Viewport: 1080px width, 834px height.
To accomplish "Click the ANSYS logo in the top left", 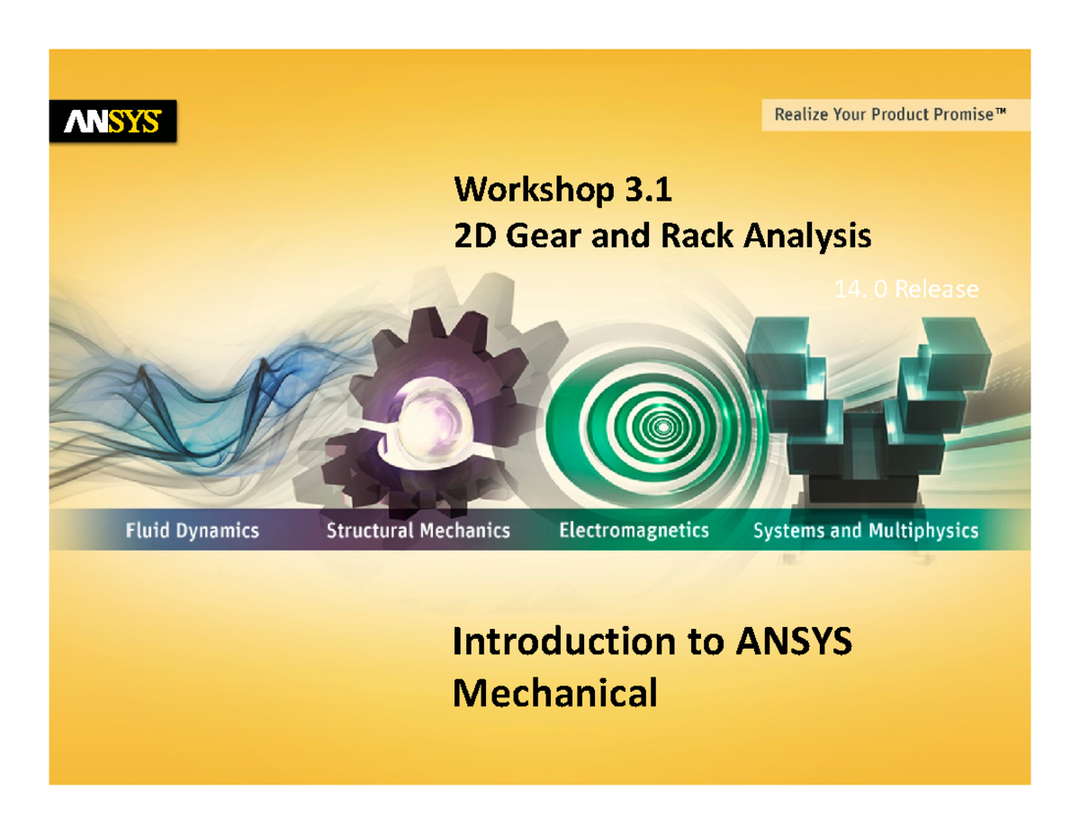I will pyautogui.click(x=112, y=121).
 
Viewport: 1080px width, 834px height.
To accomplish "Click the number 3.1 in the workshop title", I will pyautogui.click(x=645, y=191).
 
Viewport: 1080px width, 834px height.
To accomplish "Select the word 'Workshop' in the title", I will pyautogui.click(x=534, y=191).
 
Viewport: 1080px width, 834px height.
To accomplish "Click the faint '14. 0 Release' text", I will pyautogui.click(x=905, y=290).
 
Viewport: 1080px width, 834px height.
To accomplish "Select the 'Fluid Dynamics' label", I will pyautogui.click(x=192, y=531).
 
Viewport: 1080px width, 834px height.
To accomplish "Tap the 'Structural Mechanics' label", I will pyautogui.click(x=418, y=531).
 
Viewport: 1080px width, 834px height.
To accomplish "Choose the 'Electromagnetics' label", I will pyautogui.click(x=634, y=531).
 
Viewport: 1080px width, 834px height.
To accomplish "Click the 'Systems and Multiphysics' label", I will pyautogui.click(x=865, y=531).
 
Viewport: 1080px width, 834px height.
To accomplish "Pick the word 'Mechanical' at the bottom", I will pyautogui.click(x=553, y=694).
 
